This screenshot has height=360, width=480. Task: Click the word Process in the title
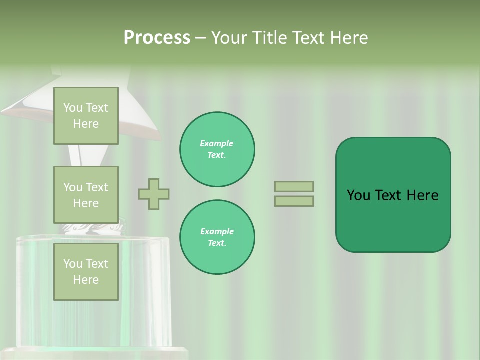click(157, 38)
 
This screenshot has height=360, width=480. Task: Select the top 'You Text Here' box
click(86, 116)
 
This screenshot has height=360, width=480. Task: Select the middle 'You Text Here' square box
click(86, 195)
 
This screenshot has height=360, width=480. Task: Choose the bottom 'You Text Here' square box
click(86, 271)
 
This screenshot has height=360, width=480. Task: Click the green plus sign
click(154, 194)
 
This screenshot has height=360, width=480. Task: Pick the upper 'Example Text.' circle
click(217, 149)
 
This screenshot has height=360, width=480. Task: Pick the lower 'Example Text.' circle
click(217, 237)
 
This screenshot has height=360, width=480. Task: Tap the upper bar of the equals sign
click(294, 186)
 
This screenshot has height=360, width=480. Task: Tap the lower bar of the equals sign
click(294, 201)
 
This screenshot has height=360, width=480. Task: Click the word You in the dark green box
click(359, 195)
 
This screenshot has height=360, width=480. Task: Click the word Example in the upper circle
click(217, 143)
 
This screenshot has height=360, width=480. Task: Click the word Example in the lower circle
click(217, 231)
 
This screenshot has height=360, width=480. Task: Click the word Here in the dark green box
click(422, 195)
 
